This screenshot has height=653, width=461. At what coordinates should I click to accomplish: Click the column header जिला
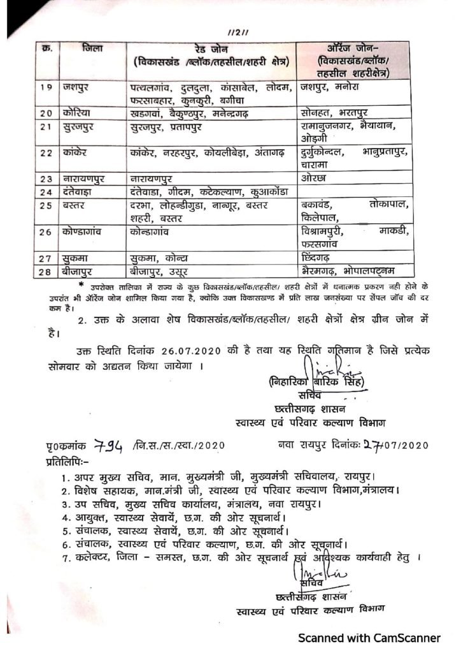pyautogui.click(x=93, y=50)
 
